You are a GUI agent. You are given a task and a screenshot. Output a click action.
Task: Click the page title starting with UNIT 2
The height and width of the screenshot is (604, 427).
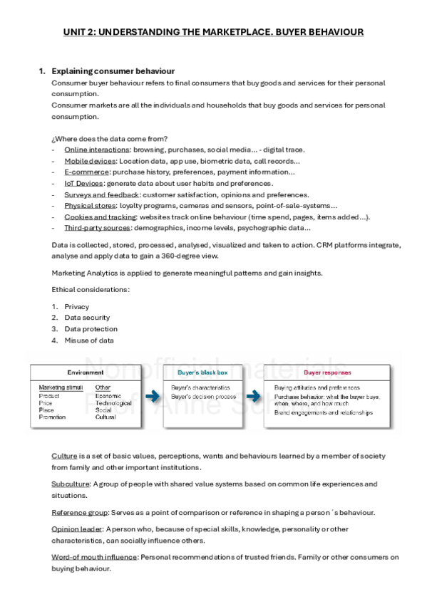tap(213, 32)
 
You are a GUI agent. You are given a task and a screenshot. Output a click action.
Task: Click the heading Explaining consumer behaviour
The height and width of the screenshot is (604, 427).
tap(113, 71)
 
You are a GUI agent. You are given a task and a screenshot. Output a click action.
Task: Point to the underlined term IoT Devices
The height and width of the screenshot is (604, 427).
tap(83, 183)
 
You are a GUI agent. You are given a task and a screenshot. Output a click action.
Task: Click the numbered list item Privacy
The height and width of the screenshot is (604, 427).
tap(76, 306)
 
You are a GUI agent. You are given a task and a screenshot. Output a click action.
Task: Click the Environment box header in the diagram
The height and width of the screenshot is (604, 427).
tap(86, 373)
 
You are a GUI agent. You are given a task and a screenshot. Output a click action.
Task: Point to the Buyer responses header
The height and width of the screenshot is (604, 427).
tap(327, 373)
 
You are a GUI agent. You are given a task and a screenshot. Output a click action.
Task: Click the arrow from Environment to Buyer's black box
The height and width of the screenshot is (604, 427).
tap(151, 397)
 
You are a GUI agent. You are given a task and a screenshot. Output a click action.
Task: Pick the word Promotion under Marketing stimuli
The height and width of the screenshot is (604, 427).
tap(53, 417)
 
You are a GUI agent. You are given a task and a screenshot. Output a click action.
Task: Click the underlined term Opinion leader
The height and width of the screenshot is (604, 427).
tap(77, 529)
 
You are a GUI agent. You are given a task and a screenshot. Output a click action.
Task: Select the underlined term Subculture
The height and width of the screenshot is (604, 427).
tap(70, 484)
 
